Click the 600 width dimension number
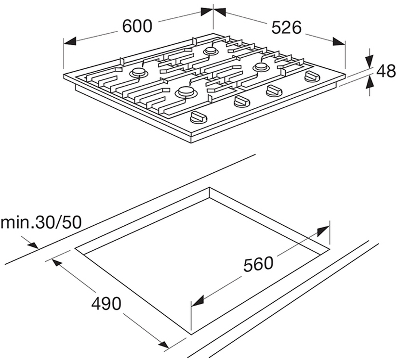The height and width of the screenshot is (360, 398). click(137, 26)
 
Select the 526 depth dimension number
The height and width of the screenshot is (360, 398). click(286, 27)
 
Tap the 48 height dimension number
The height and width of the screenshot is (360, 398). click(386, 71)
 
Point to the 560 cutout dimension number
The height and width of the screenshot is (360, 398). click(258, 264)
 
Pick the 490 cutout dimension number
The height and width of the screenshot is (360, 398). click(106, 304)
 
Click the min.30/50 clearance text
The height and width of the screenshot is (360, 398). click(41, 223)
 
